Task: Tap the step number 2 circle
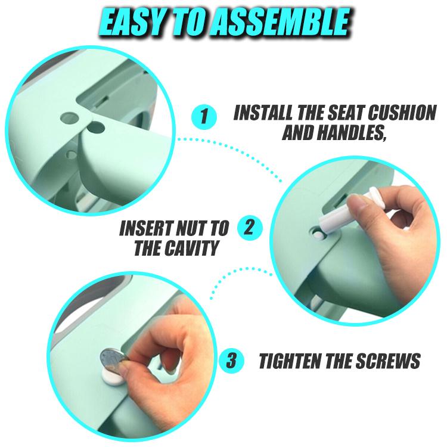[x=249, y=228]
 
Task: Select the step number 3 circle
[x=231, y=360]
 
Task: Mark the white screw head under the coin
[x=113, y=375]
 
